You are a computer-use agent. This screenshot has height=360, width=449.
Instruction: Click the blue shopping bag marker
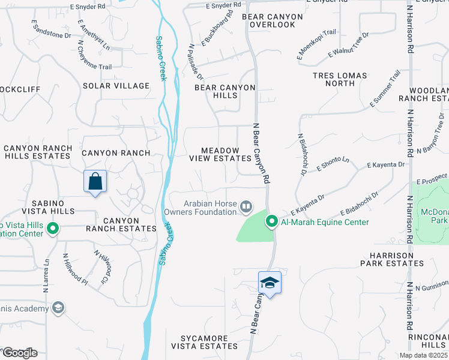point(95,181)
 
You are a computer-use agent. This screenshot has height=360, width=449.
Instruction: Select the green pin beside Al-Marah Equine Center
point(271,222)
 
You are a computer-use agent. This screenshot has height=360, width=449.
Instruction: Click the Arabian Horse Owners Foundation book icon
point(246,207)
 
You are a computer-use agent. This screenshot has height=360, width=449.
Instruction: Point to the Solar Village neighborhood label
point(116,86)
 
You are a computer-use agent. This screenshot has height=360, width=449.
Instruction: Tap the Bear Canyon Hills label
point(225,92)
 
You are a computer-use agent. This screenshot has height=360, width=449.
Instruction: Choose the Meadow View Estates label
point(220,154)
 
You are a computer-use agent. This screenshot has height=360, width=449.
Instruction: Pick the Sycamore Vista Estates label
point(204,342)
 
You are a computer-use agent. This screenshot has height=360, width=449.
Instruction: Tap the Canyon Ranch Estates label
point(121,224)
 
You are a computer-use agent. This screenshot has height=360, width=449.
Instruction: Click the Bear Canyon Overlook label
point(269,21)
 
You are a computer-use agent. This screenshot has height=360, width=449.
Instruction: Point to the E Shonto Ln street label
point(333,164)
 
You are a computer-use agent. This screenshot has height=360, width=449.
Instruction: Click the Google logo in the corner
point(19,353)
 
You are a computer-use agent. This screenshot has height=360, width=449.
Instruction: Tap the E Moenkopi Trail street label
point(316,45)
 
